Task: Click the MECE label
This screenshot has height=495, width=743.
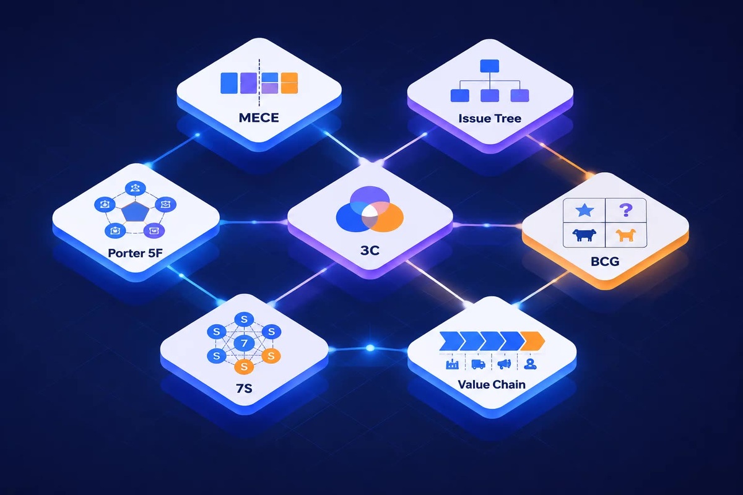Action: [x=259, y=118]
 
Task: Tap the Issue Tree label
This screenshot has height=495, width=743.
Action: [x=490, y=118]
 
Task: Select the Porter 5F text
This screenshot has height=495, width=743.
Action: [x=136, y=253]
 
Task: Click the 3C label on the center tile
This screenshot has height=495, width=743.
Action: [x=370, y=251]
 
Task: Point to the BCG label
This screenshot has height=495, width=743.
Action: [x=605, y=262]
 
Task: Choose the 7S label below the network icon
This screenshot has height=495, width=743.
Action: [x=244, y=388]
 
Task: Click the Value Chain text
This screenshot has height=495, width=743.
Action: [x=492, y=385]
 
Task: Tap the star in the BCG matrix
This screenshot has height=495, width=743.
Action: [x=584, y=210]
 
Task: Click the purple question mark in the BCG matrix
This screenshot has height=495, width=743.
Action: [x=626, y=210]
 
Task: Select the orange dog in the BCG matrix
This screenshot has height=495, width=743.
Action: [x=625, y=235]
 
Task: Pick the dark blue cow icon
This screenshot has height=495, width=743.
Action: [x=584, y=235]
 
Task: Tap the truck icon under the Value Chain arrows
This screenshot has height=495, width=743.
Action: [x=478, y=364]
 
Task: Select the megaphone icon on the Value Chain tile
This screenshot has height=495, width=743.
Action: [x=504, y=364]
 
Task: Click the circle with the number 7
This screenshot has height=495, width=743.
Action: [x=244, y=343]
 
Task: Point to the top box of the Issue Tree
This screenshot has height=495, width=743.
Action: [x=490, y=66]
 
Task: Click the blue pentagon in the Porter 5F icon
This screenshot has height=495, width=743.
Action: [x=136, y=211]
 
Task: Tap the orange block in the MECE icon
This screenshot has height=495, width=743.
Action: [x=289, y=83]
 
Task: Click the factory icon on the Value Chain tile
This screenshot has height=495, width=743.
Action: [x=453, y=364]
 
